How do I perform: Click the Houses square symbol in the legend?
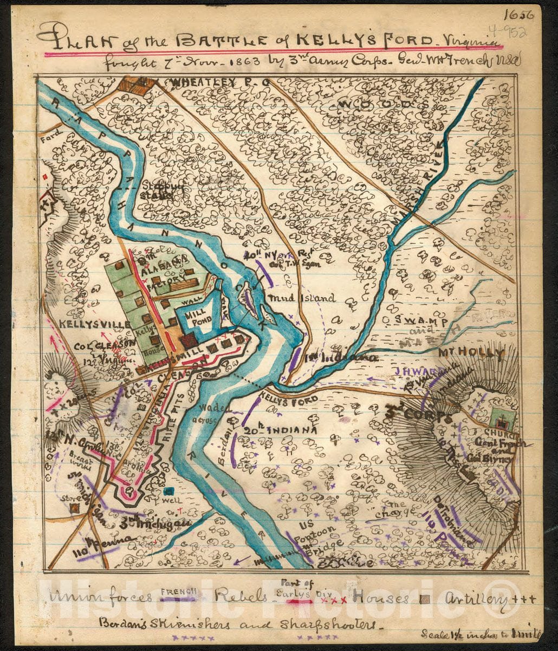point(425,599)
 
